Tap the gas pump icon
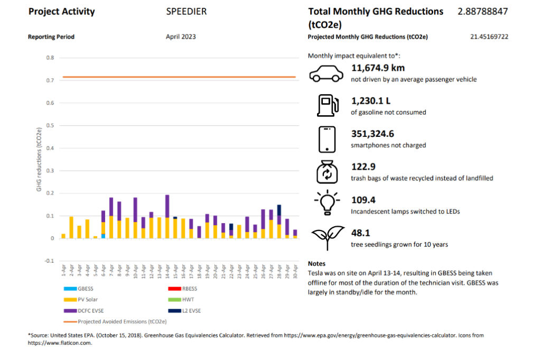click(328, 105)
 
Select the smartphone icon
click(327, 140)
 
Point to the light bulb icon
click(327, 202)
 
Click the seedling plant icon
click(328, 237)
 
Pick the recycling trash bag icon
click(327, 172)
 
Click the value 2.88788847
click(483, 12)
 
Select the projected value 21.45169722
click(489, 36)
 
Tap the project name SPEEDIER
click(186, 12)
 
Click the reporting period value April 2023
click(181, 36)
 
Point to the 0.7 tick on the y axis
click(50, 80)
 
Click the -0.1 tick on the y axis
click(49, 261)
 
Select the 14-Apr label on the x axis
click(167, 272)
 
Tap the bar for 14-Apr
click(167, 217)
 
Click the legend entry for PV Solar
click(81, 300)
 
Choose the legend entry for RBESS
click(182, 289)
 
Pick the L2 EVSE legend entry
click(184, 311)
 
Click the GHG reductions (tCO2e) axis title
click(39, 160)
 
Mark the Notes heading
click(316, 264)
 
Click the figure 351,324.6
click(372, 134)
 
